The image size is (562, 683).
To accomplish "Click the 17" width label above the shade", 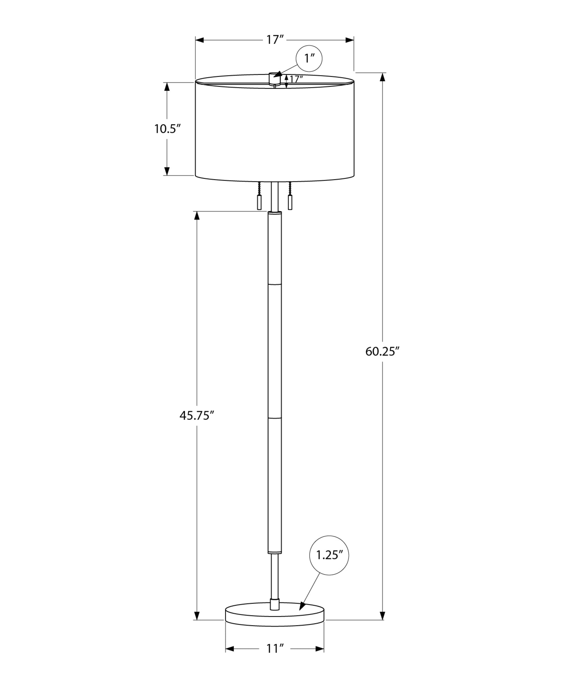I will click(275, 40).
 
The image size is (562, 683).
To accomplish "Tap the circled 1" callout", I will click(309, 58).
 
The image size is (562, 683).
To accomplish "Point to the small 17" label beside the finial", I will click(296, 79).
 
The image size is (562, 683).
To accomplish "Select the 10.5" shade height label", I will click(167, 129).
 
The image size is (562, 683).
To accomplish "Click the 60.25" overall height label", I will click(382, 351).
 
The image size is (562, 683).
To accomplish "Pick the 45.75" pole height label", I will click(196, 416).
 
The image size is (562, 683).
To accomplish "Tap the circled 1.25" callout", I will click(329, 555).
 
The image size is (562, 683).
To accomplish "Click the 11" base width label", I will click(275, 649).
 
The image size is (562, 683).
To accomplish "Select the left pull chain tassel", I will click(259, 203).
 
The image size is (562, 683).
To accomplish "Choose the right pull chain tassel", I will click(290, 203).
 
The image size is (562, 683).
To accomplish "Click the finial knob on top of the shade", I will click(274, 78).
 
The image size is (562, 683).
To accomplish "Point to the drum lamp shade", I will click(275, 130).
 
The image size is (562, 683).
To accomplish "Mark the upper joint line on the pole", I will click(275, 283).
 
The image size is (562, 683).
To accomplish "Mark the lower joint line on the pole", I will click(275, 417).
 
